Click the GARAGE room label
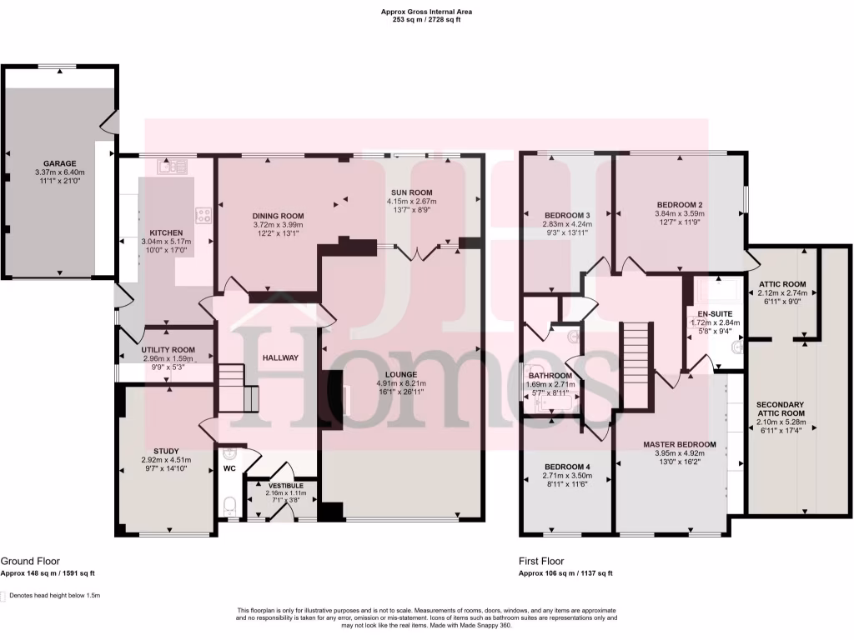click(x=61, y=163)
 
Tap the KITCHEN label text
click(x=167, y=232)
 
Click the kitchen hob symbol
click(x=202, y=215)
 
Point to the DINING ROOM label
click(x=278, y=216)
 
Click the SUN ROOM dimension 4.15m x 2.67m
click(x=412, y=201)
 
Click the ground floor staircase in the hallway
click(x=238, y=390)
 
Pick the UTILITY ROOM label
click(x=168, y=350)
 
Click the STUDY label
click(x=166, y=451)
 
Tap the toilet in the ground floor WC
click(x=231, y=505)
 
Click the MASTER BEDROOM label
click(x=680, y=444)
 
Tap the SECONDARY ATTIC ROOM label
click(x=781, y=408)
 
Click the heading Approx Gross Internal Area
click(x=426, y=12)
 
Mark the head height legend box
click(x=3, y=596)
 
